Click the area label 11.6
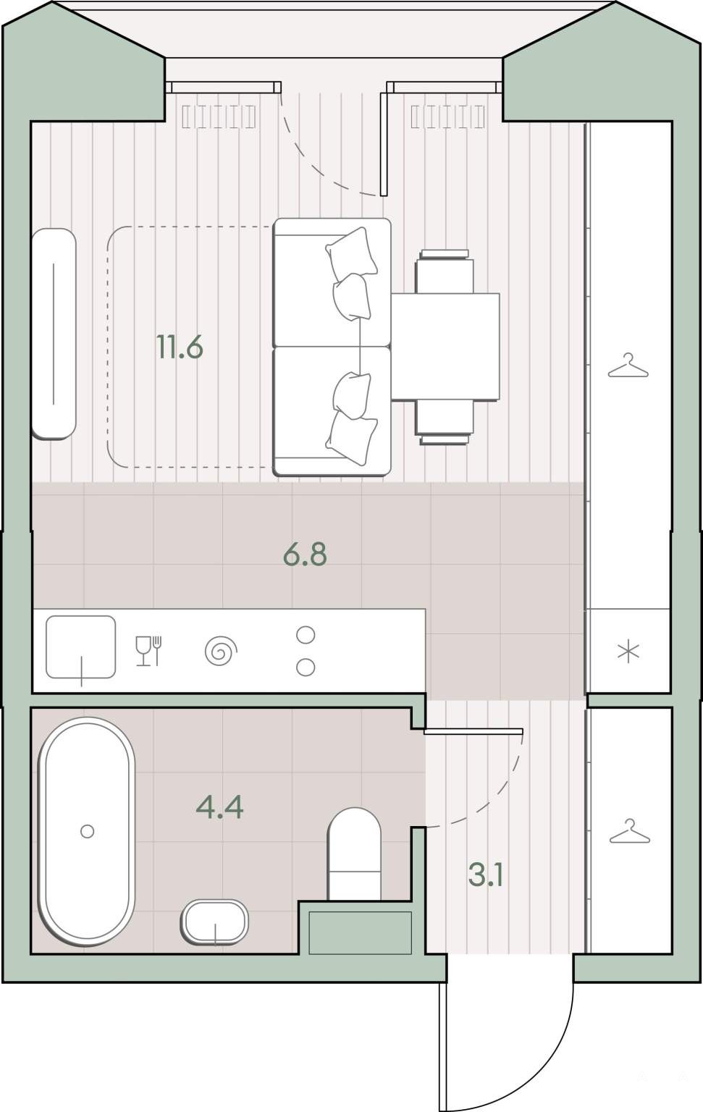coord(180,347)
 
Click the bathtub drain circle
coord(88,831)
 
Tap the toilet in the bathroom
coord(354,854)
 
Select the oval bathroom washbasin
coord(214,922)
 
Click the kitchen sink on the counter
coord(81,646)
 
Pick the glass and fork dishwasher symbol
coord(149,650)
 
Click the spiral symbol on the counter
coord(221,650)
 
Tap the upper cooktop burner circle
coord(306,635)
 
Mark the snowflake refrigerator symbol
coord(628,652)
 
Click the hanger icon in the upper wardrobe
coord(628,366)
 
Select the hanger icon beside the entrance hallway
coord(630,831)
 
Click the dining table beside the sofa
coord(445,347)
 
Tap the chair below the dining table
coord(444,423)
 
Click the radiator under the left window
coord(219,117)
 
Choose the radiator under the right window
coord(448,117)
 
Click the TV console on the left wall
coord(54,334)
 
